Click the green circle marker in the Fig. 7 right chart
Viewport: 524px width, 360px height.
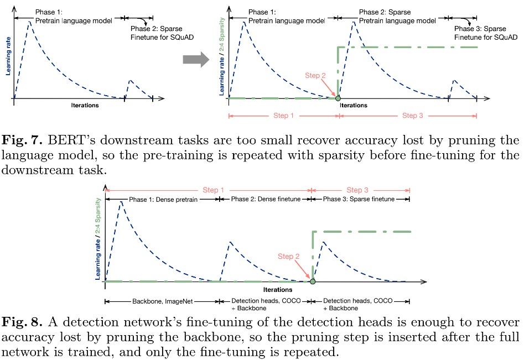pyautogui.click(x=338, y=98)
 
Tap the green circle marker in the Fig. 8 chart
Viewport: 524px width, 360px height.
pyautogui.click(x=313, y=281)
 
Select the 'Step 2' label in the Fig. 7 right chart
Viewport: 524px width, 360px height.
pyautogui.click(x=315, y=75)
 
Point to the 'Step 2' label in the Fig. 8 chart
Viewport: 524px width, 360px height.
pyautogui.click(x=288, y=257)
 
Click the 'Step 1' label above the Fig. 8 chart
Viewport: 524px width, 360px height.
pyautogui.click(x=214, y=191)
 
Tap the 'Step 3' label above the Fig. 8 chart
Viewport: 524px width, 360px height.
pyautogui.click(x=357, y=191)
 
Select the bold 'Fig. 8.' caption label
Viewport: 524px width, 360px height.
pyautogui.click(x=19, y=322)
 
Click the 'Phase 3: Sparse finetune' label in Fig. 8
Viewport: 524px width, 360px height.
pyautogui.click(x=359, y=199)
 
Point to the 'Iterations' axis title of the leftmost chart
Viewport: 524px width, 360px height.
pyautogui.click(x=85, y=105)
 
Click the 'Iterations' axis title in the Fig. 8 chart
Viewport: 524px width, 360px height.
pyautogui.click(x=278, y=289)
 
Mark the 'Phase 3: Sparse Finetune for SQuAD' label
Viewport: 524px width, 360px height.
pyautogui.click(x=485, y=33)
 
